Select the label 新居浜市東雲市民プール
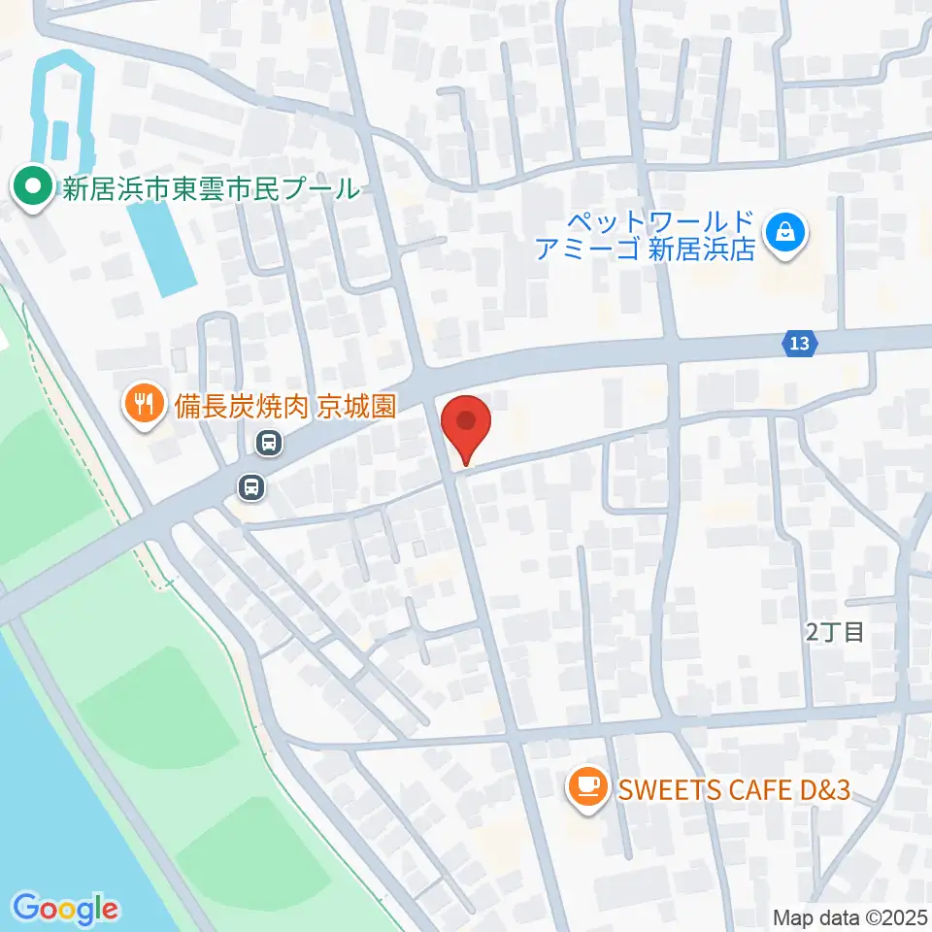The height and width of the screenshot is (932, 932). tap(211, 188)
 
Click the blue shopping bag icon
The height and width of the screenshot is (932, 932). tap(783, 233)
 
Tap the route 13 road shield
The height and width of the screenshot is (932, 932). tap(799, 343)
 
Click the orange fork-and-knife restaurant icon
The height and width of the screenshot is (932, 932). tap(146, 405)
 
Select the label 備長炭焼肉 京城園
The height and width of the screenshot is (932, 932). tap(284, 406)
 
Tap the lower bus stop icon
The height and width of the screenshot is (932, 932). tap(251, 486)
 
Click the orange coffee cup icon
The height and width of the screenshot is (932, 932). tap(586, 785)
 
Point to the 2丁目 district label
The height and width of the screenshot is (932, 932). tap(835, 633)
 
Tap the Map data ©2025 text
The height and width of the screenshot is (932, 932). tap(849, 916)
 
